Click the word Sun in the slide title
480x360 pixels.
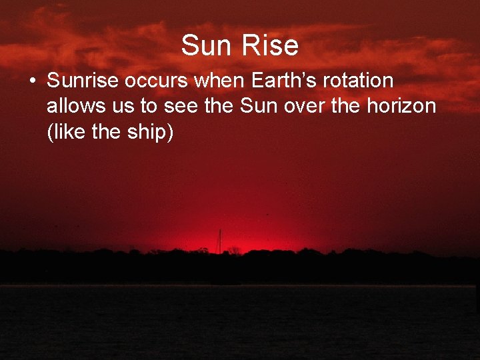pos(207,45)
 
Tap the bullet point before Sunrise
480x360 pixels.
pos(31,81)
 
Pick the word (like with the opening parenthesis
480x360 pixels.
pos(67,131)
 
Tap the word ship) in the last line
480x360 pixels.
pos(152,131)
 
